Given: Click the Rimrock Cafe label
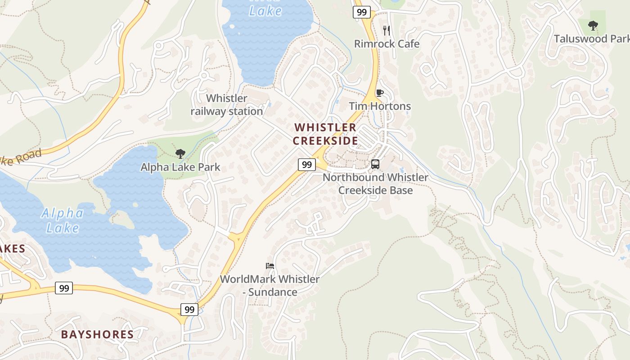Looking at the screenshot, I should [387, 44].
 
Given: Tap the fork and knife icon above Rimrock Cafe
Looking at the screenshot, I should [386, 30].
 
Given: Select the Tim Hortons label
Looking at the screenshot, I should [380, 106].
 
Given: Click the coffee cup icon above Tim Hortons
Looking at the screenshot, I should [379, 93].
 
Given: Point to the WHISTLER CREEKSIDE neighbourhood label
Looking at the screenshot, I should [325, 134].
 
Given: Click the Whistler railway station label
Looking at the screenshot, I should [227, 105].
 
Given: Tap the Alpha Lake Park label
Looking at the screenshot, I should [180, 167].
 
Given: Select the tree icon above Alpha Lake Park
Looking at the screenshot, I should [180, 154].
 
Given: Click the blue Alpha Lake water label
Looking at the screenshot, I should [62, 220].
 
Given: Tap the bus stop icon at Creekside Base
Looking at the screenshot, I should [375, 164].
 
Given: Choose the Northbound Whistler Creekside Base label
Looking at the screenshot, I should [375, 184].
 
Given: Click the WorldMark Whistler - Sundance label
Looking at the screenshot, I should [270, 285].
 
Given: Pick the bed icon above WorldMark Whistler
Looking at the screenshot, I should [270, 265].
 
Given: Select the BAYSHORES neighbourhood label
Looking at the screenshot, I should [97, 334].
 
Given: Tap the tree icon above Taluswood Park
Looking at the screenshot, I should [593, 26].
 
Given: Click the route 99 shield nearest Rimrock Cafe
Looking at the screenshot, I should [362, 12].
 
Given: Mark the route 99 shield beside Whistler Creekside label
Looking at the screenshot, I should [306, 164].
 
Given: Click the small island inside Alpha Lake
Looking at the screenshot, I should [122, 219].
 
